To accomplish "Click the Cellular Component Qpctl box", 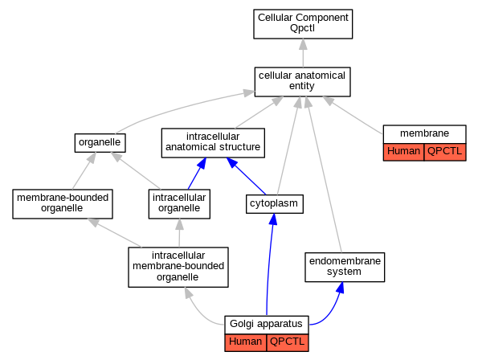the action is click(x=303, y=24).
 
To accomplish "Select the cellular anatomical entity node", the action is click(x=302, y=82).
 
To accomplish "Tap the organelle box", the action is click(x=100, y=143).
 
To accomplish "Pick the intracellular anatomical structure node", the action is click(x=213, y=143).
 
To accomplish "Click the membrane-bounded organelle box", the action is click(x=63, y=204).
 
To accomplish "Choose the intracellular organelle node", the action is click(x=179, y=204).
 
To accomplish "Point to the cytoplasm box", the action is click(x=275, y=204).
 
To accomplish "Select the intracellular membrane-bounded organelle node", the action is click(x=178, y=267).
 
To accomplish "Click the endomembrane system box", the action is click(x=345, y=267).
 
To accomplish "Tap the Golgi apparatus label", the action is click(x=266, y=324).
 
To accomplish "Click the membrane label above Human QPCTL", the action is click(x=424, y=133).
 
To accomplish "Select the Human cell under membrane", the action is click(x=403, y=152).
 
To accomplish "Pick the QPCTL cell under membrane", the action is click(x=445, y=152).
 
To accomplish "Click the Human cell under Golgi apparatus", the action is click(x=245, y=342).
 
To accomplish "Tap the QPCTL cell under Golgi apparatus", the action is click(x=288, y=342).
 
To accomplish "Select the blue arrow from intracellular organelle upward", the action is click(x=197, y=174).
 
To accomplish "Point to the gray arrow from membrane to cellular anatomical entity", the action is click(x=353, y=115).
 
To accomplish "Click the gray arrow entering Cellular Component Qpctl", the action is click(x=303, y=53).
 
